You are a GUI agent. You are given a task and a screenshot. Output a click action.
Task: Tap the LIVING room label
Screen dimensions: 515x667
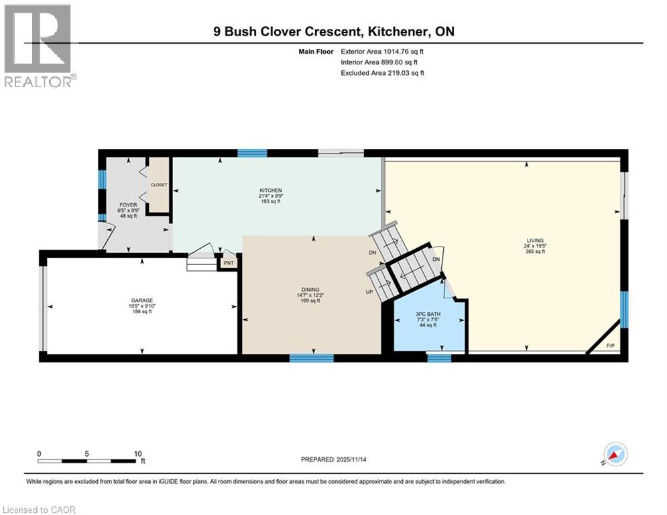[534, 241]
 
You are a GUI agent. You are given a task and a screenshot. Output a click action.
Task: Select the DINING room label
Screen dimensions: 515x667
[309, 290]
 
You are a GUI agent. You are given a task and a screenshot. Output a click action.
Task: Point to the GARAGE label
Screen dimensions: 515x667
[141, 300]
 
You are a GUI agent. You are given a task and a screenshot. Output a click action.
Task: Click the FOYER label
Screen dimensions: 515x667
[128, 205]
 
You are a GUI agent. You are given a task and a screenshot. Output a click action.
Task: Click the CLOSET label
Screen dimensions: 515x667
[158, 184]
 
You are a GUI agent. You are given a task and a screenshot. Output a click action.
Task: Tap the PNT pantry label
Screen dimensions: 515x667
[229, 263]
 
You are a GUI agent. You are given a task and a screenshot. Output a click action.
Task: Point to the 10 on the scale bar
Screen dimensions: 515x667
[137, 453]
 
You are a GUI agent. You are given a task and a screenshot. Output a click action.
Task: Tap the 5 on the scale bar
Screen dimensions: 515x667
[87, 453]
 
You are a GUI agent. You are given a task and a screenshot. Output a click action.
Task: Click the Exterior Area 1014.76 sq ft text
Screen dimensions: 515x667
[382, 50]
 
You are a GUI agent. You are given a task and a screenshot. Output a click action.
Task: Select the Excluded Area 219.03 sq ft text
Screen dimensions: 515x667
[382, 72]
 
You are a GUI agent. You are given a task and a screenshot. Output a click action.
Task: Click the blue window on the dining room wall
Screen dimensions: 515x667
[311, 358]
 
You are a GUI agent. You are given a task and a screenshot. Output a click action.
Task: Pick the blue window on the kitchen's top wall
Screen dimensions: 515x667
[252, 153]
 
